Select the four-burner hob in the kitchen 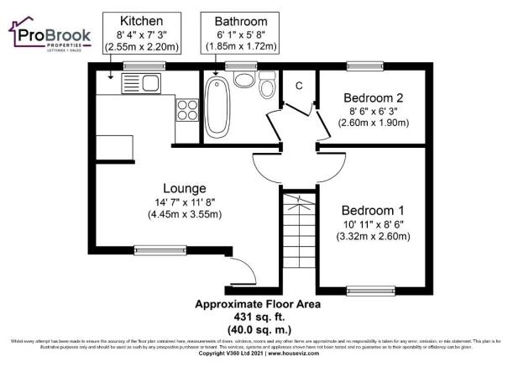point(186,111)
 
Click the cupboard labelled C point(298,86)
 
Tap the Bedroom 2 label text point(373,97)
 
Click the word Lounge point(186,188)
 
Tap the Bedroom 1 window point(371,291)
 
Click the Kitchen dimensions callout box point(140,34)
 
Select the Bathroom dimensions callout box point(240,34)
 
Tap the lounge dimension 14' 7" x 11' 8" point(185,202)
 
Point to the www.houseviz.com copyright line point(259,354)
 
